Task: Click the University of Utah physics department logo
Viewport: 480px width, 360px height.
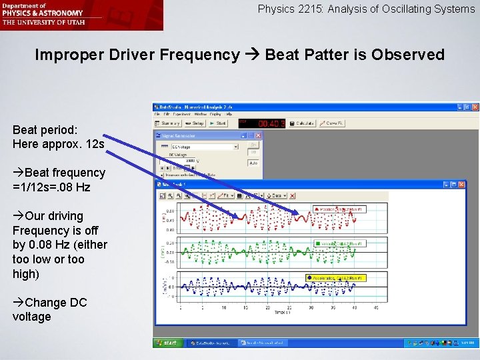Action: [81, 15]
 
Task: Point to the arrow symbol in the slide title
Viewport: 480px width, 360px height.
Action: [252, 55]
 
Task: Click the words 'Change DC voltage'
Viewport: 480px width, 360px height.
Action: [51, 309]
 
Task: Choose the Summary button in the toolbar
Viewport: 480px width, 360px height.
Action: [168, 123]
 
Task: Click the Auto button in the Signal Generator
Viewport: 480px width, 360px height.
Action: [253, 162]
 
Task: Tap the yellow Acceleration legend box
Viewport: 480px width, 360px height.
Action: [337, 277]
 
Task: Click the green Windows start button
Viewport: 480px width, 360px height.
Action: [167, 343]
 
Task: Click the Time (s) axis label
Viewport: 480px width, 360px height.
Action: [283, 312]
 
